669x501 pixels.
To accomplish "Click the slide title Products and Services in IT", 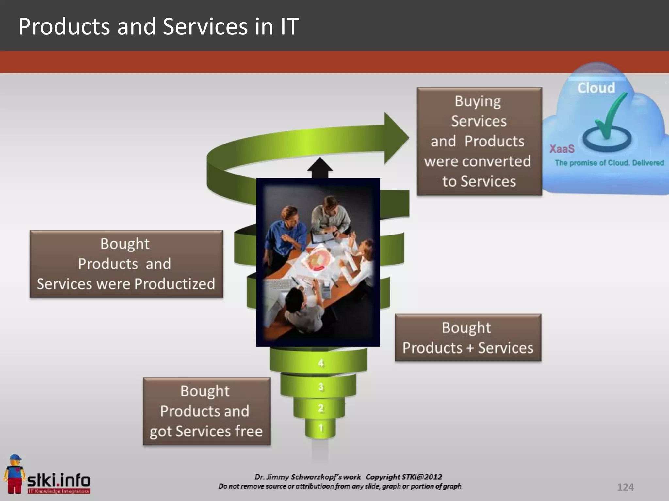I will click(x=158, y=26).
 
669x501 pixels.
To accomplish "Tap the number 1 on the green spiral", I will click(x=321, y=428).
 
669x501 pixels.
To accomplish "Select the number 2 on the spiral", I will click(x=321, y=408).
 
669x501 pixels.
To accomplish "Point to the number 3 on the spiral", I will click(x=321, y=387).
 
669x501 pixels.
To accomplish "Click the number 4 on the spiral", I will click(x=321, y=363).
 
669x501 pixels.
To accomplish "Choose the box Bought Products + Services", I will click(x=468, y=338).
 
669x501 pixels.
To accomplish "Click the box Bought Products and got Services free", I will click(x=206, y=411).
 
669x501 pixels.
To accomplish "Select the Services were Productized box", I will click(x=126, y=264).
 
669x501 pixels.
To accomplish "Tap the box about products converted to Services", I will click(x=479, y=141).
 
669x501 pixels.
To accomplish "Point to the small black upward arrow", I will click(x=320, y=167).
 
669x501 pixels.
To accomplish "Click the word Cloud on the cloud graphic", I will click(x=596, y=88).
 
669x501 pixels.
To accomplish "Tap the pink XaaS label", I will click(x=562, y=149).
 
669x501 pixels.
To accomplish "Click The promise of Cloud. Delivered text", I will click(x=609, y=163).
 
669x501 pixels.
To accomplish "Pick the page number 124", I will click(x=625, y=487).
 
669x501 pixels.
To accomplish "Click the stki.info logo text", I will click(x=59, y=480).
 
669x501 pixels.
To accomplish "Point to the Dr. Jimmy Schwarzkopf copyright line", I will click(x=348, y=477).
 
